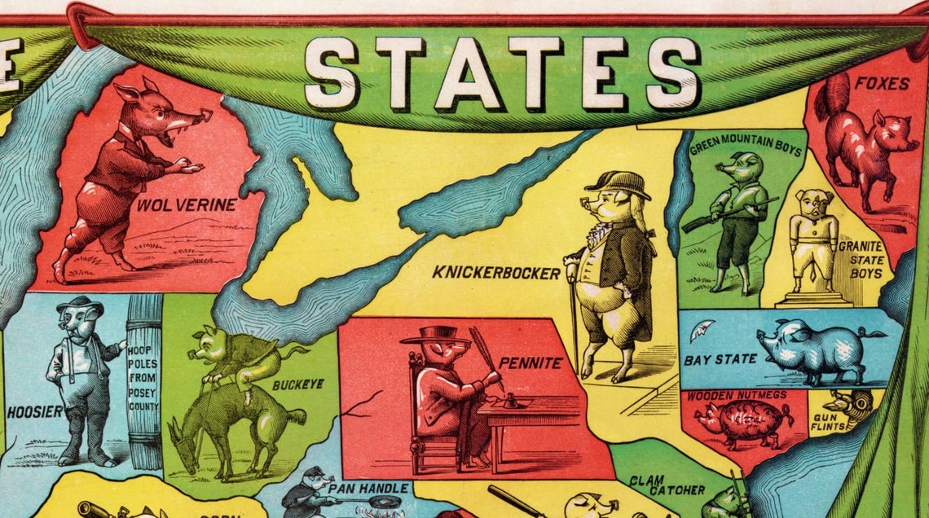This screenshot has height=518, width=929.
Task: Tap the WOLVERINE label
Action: click(x=186, y=205)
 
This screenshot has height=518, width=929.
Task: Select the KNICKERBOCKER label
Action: click(x=496, y=274)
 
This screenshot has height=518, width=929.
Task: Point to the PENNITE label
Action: click(x=531, y=363)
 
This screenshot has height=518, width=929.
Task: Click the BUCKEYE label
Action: click(x=298, y=384)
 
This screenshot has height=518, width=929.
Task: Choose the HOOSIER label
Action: click(x=34, y=412)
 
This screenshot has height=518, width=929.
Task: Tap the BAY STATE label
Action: click(x=709, y=359)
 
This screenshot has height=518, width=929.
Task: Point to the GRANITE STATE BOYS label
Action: click(x=866, y=259)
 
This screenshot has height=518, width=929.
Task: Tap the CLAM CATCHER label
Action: click(x=667, y=485)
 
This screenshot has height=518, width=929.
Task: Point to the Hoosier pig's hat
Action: click(x=78, y=305)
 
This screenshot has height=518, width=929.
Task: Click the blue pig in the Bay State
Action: click(x=815, y=350)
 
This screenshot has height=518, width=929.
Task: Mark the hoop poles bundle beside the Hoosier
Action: click(x=144, y=381)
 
